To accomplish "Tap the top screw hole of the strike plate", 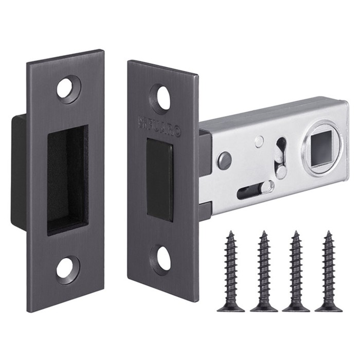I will tap(68, 87).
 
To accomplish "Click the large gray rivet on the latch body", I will tap(224, 160).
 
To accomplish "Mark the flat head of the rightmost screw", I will tap(328, 308).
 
